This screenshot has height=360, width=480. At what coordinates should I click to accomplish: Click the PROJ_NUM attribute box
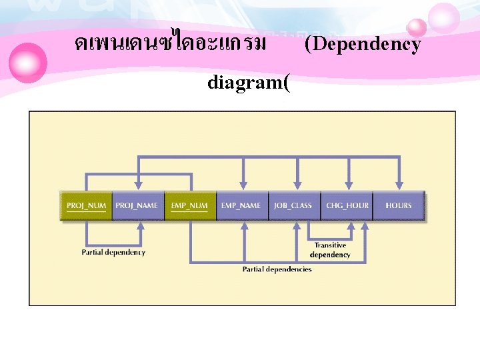(86, 205)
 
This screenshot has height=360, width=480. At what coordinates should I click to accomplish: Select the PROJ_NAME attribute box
(137, 205)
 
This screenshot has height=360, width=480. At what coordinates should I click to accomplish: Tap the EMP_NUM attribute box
(189, 205)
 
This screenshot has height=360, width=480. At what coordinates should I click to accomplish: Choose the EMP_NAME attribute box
(241, 205)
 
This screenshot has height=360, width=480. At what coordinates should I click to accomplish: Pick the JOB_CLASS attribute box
(293, 205)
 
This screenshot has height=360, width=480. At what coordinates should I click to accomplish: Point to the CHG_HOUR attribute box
(347, 205)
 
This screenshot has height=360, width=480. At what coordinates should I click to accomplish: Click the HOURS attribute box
(399, 205)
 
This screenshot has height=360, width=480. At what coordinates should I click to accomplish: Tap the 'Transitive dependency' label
(330, 250)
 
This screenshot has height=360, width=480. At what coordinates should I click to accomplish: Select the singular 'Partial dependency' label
(113, 253)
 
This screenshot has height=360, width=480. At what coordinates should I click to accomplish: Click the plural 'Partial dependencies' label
(277, 269)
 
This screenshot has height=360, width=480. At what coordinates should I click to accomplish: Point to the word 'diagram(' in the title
(249, 85)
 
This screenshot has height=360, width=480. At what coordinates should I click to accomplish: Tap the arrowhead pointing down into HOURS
(399, 186)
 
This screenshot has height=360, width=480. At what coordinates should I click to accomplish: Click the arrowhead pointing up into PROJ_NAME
(139, 225)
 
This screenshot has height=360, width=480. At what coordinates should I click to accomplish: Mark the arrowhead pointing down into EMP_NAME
(244, 186)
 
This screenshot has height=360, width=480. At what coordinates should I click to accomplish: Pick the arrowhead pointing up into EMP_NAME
(244, 225)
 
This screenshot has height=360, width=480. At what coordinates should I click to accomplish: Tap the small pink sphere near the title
(417, 27)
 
